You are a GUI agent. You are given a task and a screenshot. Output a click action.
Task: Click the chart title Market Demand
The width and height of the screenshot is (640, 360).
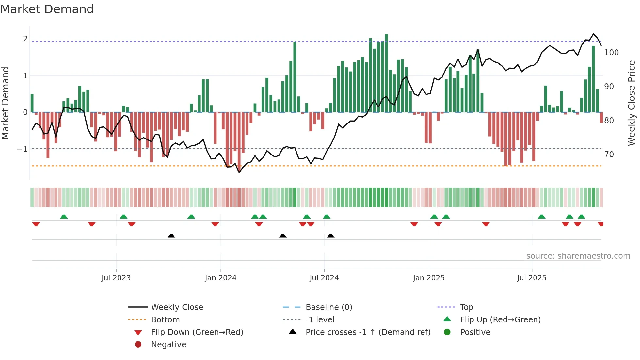click(47, 9)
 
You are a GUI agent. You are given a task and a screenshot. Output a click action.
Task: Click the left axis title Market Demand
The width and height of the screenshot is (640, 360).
click(5, 103)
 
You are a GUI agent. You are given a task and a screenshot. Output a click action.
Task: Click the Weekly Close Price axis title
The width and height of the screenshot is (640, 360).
click(632, 103)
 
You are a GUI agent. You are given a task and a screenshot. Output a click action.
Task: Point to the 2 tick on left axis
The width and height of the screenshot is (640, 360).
click(25, 39)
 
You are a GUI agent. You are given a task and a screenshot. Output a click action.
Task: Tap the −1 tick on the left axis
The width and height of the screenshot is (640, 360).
click(23, 149)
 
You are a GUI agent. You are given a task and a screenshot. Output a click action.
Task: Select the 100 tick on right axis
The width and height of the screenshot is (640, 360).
click(611, 53)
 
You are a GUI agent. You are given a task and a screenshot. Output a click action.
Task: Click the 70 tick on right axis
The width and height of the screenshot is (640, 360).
click(609, 154)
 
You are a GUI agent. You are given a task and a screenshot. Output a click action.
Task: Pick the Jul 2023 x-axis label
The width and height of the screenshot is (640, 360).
click(116, 278)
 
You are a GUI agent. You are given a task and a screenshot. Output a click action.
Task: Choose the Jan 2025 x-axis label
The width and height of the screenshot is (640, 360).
click(428, 278)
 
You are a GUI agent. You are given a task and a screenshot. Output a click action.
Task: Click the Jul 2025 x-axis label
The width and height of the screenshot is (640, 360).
click(532, 278)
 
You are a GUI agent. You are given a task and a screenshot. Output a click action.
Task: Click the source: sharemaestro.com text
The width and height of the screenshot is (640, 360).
click(578, 256)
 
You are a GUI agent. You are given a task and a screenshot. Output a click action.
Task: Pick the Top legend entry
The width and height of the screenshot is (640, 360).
click(467, 307)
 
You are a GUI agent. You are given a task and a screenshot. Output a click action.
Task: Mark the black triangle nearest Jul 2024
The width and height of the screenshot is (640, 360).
click(330, 236)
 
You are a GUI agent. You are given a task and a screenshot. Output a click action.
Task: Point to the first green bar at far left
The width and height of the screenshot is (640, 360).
click(32, 103)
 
